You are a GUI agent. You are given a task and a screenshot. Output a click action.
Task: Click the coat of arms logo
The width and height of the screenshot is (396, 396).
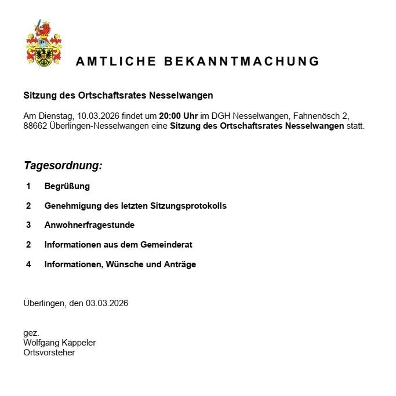click(x=44, y=43)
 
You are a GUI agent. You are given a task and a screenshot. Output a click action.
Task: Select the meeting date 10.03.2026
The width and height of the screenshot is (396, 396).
click(x=98, y=115)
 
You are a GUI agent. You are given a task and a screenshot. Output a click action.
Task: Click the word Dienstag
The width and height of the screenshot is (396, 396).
click(x=56, y=115)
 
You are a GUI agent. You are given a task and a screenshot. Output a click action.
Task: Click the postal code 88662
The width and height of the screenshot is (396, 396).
click(x=36, y=126)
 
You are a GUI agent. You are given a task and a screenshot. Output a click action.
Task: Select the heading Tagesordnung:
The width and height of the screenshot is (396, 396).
click(x=63, y=166)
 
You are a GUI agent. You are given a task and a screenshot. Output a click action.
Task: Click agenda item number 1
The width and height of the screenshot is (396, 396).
click(x=28, y=186)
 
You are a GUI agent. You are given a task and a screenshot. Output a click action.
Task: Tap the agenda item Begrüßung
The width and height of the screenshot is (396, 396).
click(x=67, y=186)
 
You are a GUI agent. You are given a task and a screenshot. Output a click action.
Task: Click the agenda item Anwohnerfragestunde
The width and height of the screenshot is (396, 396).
click(x=89, y=225)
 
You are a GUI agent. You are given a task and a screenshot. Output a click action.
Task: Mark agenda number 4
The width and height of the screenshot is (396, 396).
click(x=28, y=264)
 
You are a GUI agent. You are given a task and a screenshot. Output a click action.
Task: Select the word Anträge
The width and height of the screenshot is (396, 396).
click(x=179, y=264)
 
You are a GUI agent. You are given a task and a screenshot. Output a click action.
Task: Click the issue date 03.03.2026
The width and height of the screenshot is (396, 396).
click(x=107, y=303)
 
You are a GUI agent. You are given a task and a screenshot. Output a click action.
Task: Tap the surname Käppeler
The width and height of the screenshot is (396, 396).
click(x=78, y=343)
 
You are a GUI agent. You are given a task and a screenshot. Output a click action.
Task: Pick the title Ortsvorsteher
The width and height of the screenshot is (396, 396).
click(x=49, y=353)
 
